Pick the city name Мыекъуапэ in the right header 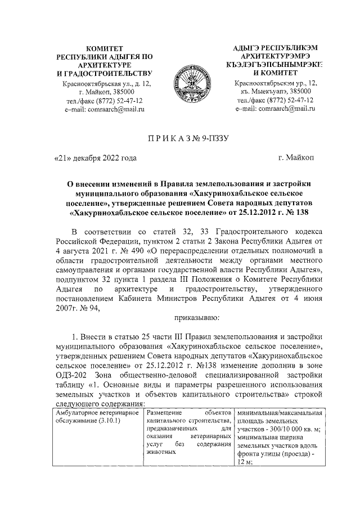(272, 92)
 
